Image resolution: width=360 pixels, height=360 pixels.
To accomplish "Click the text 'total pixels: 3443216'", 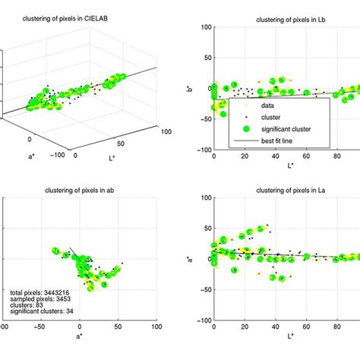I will [40, 292].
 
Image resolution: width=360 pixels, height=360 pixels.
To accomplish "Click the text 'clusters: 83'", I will [27, 305].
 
